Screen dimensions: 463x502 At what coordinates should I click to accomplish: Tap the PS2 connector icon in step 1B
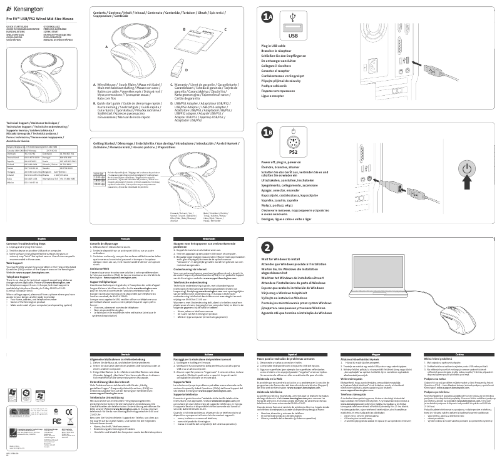[292, 142]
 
